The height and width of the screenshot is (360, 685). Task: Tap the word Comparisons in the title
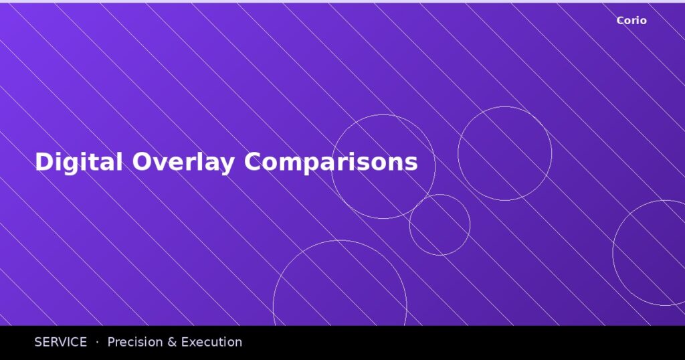(x=330, y=162)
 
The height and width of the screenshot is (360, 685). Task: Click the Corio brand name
(x=631, y=21)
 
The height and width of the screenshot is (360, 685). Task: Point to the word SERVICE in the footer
(x=60, y=342)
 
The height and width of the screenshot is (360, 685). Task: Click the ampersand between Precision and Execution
(x=171, y=342)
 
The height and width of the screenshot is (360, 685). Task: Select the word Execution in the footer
(x=211, y=342)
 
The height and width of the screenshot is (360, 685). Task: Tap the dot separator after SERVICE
(x=97, y=342)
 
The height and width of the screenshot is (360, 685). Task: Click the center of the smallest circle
(x=439, y=225)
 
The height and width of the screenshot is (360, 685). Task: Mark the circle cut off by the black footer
(x=340, y=288)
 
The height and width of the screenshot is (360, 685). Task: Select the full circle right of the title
(x=504, y=153)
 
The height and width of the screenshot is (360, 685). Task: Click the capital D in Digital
(x=43, y=162)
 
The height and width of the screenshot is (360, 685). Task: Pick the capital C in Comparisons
(x=254, y=162)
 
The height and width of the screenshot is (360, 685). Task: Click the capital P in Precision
(x=112, y=342)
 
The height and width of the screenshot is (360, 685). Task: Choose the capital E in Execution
(x=185, y=342)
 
